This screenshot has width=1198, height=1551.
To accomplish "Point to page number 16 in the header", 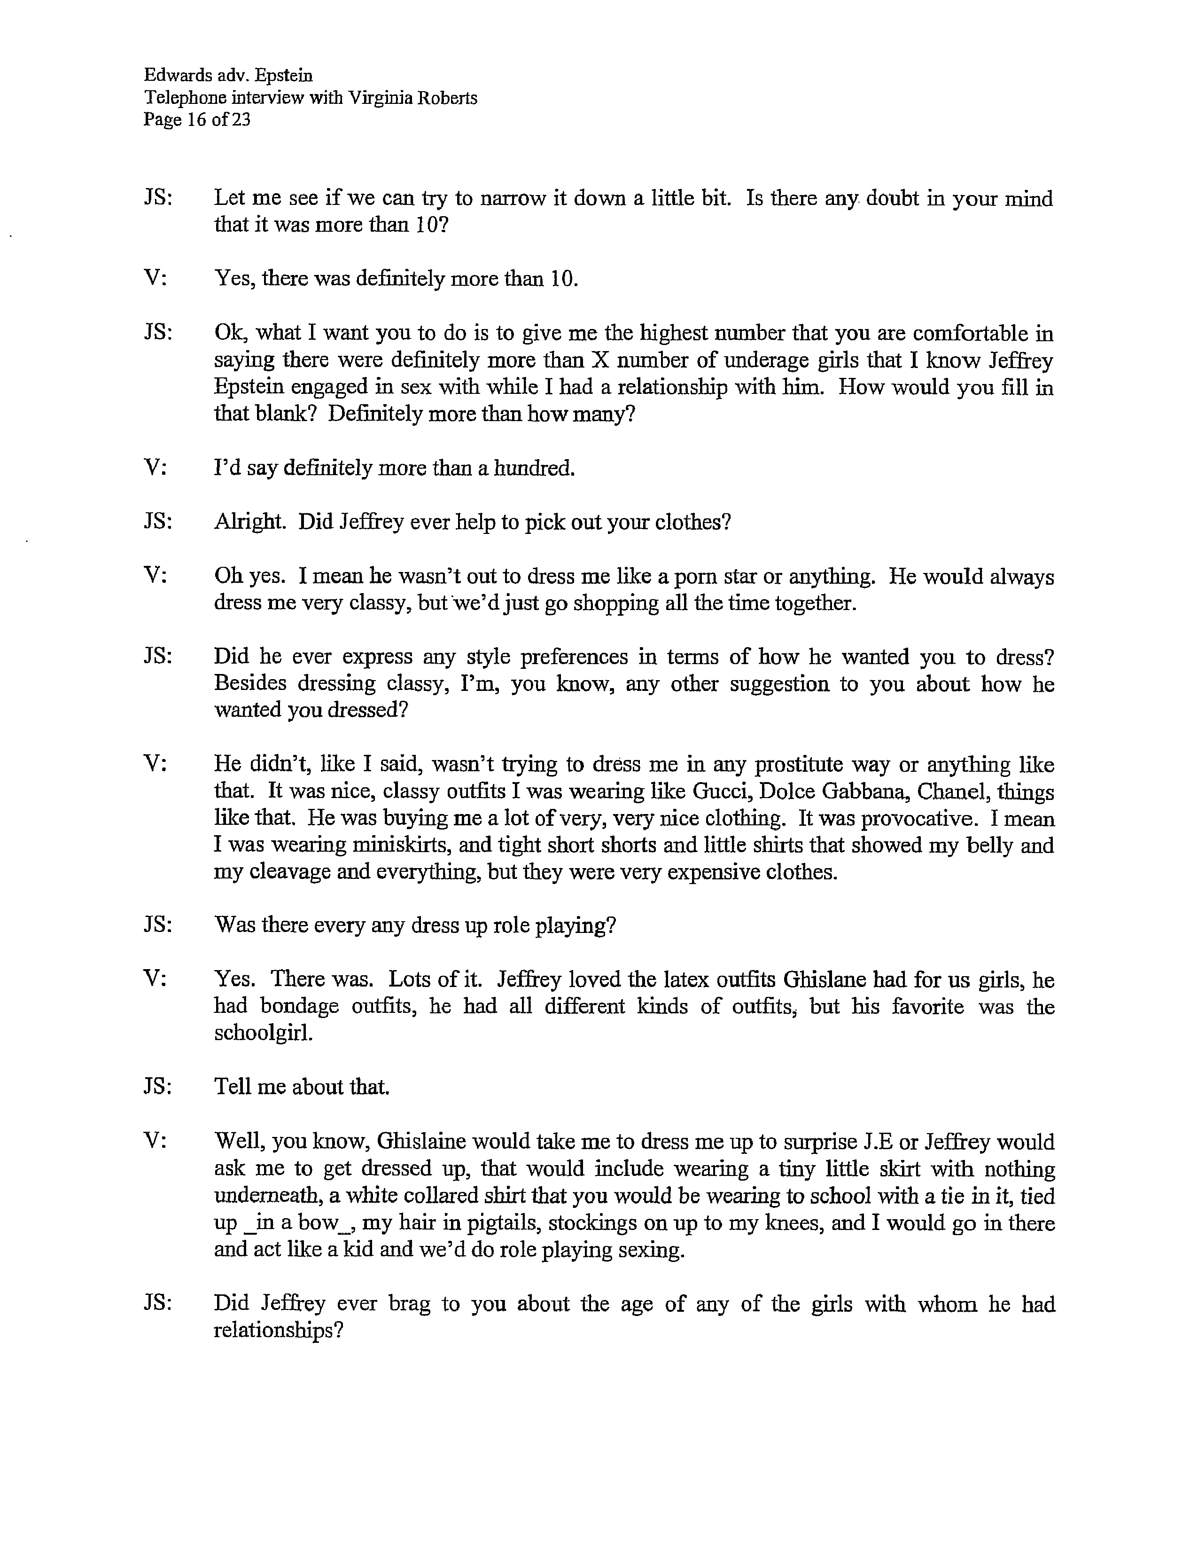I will pyautogui.click(x=196, y=119).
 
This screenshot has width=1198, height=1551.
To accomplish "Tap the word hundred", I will pyautogui.click(x=533, y=468).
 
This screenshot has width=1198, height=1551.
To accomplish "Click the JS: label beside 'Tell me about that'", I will pyautogui.click(x=157, y=1087).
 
